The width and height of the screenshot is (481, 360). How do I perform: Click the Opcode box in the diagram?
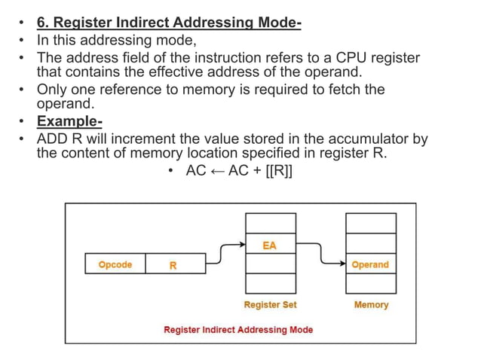[115, 264]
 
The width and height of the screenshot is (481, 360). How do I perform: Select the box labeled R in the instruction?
[173, 264]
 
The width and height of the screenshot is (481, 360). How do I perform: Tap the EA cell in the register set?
[269, 245]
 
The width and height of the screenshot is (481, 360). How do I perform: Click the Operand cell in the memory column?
[370, 264]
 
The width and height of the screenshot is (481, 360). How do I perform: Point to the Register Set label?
[270, 305]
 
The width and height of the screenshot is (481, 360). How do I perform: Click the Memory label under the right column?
[371, 305]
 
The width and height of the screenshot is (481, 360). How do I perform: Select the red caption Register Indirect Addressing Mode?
[238, 330]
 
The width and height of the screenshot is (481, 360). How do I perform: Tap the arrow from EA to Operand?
[320, 255]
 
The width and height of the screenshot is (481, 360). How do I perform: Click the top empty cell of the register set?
[269, 224]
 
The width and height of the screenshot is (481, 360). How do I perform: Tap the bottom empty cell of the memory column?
[370, 283]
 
